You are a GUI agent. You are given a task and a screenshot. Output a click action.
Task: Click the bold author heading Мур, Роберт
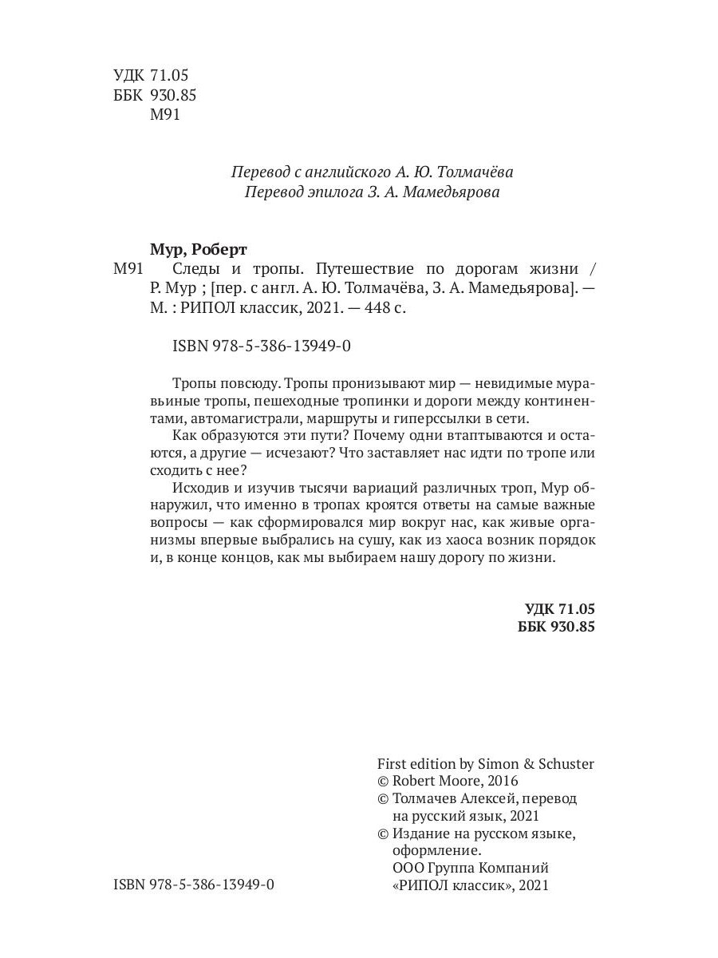[198, 247]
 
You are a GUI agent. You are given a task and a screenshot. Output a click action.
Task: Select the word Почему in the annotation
[381, 436]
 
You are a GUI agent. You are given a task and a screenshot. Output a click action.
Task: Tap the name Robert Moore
[431, 781]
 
